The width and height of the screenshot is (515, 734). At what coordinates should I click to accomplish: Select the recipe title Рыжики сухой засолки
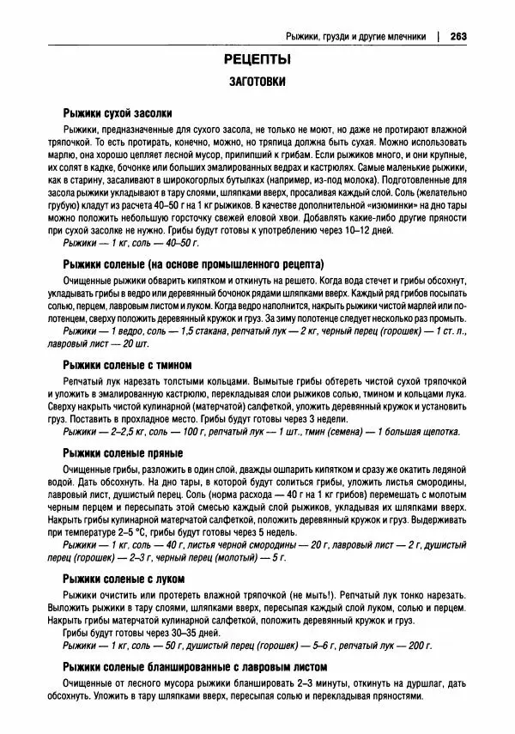118,113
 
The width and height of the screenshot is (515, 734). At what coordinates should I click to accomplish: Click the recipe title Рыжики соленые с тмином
127,365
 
